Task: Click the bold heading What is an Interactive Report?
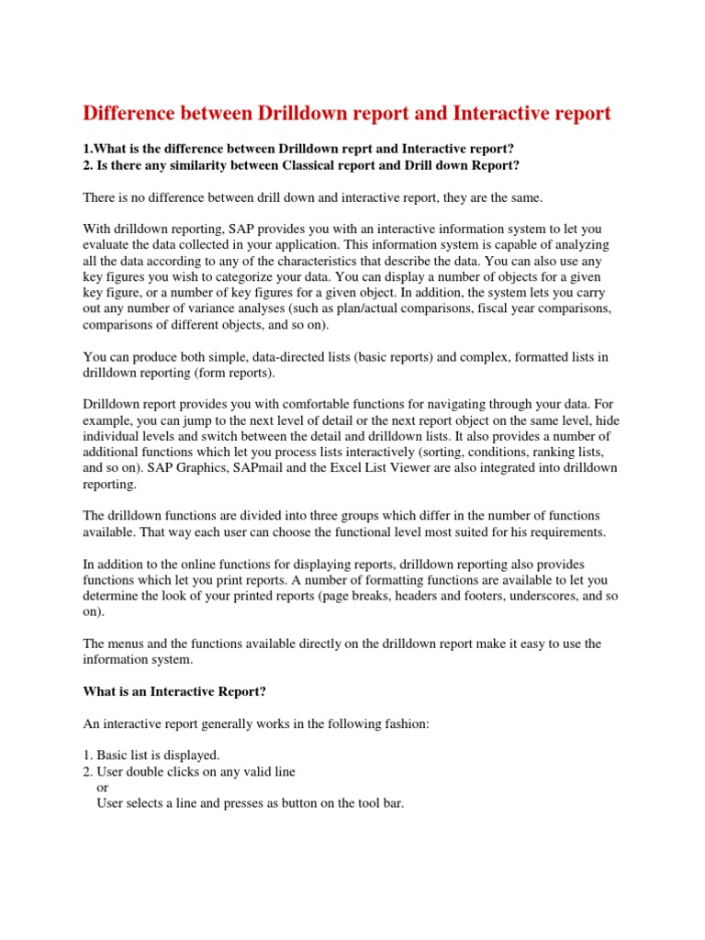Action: (x=174, y=690)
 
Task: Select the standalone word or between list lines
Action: (x=102, y=787)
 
